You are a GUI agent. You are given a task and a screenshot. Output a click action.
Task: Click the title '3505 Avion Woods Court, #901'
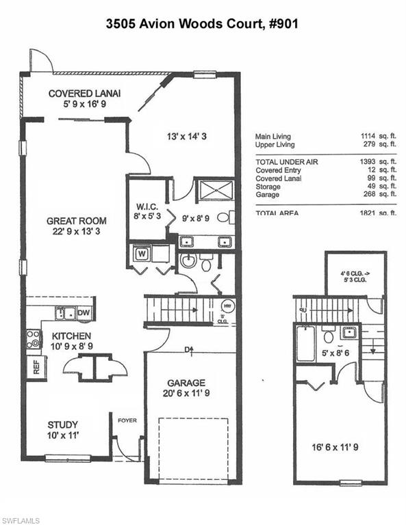[202, 23]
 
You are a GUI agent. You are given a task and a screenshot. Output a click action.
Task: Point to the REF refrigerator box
[35, 366]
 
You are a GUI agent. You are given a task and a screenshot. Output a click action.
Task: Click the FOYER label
[127, 421]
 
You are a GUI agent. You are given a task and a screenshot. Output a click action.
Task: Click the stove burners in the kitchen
[32, 339]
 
